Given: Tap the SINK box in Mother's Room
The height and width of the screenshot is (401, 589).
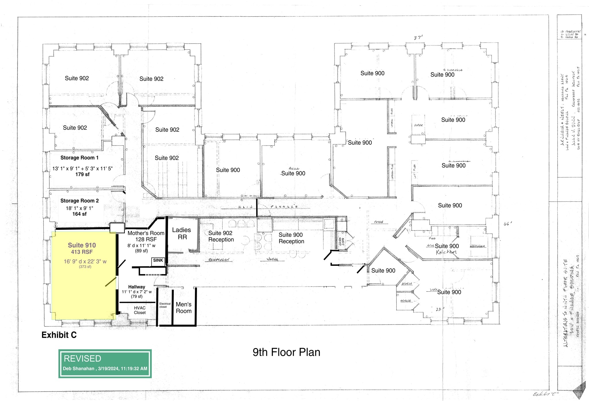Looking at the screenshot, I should click(x=158, y=261).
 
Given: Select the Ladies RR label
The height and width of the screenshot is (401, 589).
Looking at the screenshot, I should click(x=181, y=234).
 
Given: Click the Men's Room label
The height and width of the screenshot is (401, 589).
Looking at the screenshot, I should click(x=183, y=308).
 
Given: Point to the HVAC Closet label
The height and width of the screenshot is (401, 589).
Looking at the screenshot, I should click(x=140, y=310).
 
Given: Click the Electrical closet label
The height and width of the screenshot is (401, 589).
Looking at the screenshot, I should click(x=165, y=305).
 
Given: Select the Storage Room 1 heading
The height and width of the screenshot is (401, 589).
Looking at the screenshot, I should click(x=79, y=158).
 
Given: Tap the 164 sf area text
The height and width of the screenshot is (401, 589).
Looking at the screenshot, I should click(x=79, y=214).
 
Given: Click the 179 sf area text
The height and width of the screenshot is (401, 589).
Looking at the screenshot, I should click(x=82, y=174).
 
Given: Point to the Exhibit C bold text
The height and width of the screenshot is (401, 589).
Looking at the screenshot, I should click(x=59, y=335).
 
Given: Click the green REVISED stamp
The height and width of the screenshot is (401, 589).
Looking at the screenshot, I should click(x=105, y=363).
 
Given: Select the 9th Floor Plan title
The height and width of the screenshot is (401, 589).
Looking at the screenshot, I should click(x=286, y=352).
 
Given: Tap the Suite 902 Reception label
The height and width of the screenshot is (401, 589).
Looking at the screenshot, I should click(x=221, y=236).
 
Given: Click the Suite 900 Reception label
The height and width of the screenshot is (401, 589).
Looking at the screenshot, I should click(x=291, y=238).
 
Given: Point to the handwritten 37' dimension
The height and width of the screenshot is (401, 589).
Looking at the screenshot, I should click(x=418, y=38).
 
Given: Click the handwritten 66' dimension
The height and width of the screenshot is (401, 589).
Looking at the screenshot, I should click(x=508, y=224).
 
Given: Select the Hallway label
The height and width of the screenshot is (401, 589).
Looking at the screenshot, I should click(x=137, y=287).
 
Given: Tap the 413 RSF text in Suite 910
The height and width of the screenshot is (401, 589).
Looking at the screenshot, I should click(x=82, y=252).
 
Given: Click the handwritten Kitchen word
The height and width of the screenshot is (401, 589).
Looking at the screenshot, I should click(x=446, y=252).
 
